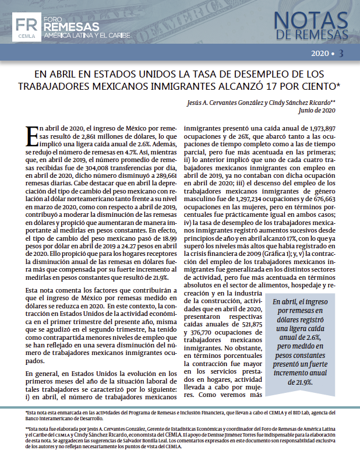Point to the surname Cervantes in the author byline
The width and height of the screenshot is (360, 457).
pos(221,101)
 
